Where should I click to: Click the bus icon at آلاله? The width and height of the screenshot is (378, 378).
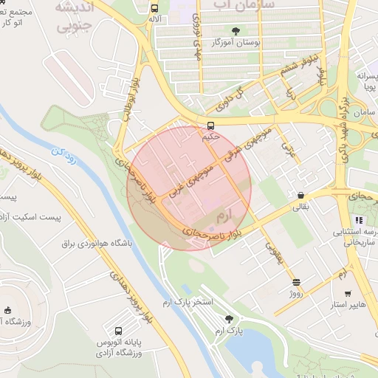click(154, 10)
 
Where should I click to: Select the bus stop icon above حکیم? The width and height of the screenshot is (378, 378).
click(211, 125)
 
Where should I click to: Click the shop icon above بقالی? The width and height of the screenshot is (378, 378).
click(300, 196)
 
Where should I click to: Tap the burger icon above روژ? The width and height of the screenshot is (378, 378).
click(296, 282)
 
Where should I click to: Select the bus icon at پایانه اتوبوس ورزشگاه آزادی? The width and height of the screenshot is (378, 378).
click(119, 330)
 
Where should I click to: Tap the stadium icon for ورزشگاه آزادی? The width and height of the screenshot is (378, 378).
click(8, 310)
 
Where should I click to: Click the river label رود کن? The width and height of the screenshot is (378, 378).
click(62, 155)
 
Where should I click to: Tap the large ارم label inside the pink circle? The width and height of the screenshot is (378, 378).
click(222, 216)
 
